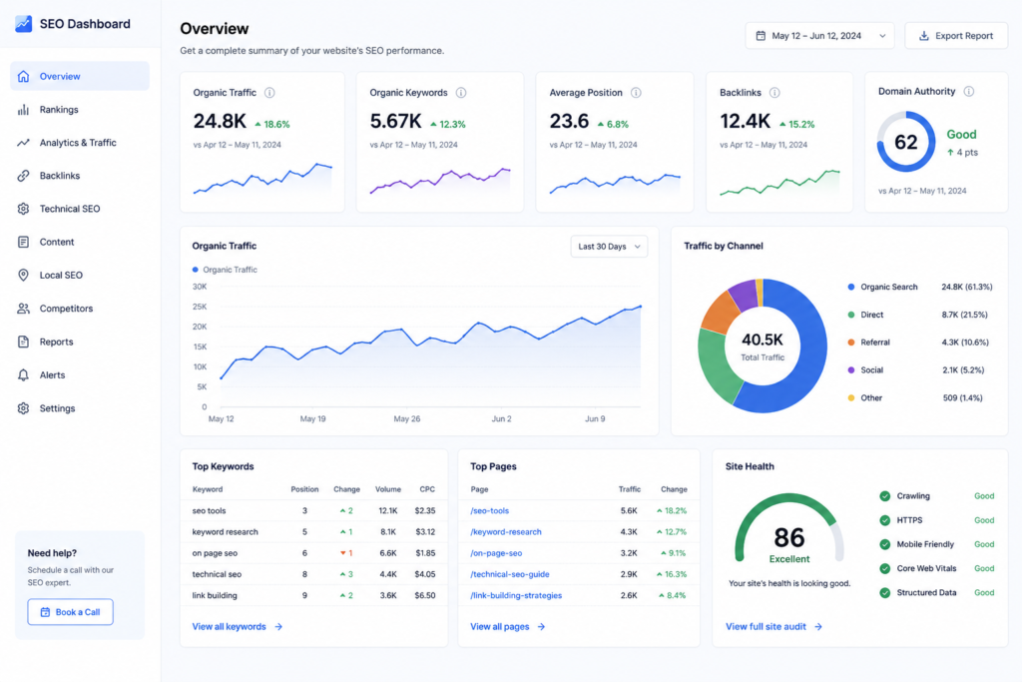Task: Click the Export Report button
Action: (955, 36)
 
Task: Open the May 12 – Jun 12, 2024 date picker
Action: (819, 36)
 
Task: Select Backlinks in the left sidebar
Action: (59, 176)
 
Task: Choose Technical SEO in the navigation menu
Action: (69, 209)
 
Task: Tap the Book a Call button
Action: (71, 612)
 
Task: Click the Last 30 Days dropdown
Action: (609, 247)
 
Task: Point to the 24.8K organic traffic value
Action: (220, 121)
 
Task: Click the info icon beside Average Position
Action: (636, 93)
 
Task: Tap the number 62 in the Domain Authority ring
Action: (905, 142)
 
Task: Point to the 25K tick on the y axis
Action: (200, 307)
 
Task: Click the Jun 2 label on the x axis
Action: (501, 418)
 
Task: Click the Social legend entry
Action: (871, 370)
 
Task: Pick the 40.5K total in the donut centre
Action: (762, 340)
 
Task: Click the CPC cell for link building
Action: (425, 595)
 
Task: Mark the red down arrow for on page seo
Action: (343, 553)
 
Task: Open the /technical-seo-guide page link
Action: (510, 574)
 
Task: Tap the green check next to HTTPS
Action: (884, 520)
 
